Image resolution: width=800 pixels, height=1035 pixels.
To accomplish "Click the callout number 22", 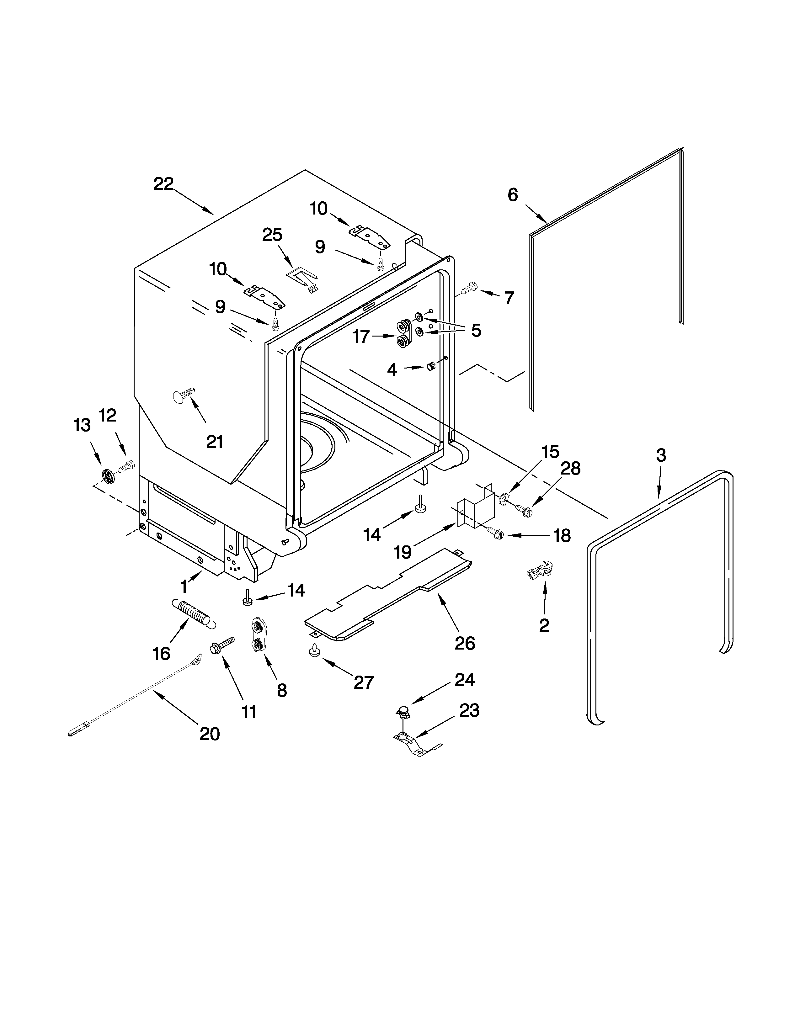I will [163, 184].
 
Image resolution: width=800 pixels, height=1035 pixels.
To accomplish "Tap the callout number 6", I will [513, 195].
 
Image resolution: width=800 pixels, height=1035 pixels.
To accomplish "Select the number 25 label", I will [273, 235].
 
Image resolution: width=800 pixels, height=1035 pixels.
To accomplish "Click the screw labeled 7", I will [470, 288].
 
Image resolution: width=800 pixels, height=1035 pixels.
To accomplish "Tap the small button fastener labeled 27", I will [314, 652].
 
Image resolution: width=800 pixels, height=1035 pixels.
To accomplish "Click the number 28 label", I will [570, 468].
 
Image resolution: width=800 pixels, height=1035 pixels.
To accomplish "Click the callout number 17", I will [361, 337].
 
